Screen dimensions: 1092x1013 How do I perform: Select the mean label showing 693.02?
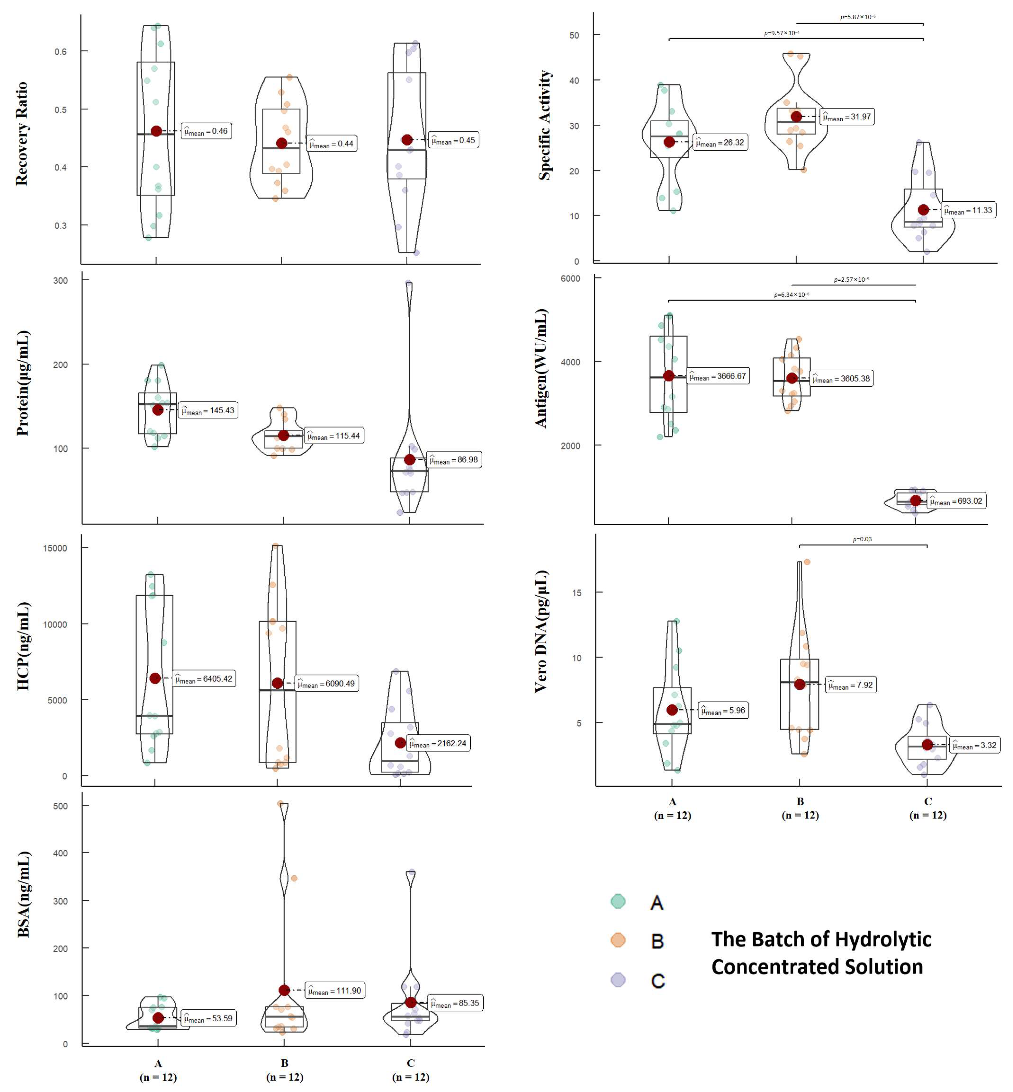[x=956, y=501]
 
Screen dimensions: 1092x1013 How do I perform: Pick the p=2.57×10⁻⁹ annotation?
[x=851, y=280]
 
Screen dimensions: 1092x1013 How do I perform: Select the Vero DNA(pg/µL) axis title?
[x=541, y=631]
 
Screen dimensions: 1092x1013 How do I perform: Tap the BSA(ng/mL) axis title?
[x=23, y=894]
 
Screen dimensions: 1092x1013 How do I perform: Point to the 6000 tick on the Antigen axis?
[x=570, y=279]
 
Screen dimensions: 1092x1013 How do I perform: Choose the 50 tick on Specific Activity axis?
[x=574, y=35]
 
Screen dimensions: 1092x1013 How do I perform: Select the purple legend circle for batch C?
[x=618, y=979]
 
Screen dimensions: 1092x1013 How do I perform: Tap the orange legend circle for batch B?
[x=618, y=940]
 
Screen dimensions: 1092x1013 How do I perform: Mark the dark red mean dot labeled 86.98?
[x=409, y=460]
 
